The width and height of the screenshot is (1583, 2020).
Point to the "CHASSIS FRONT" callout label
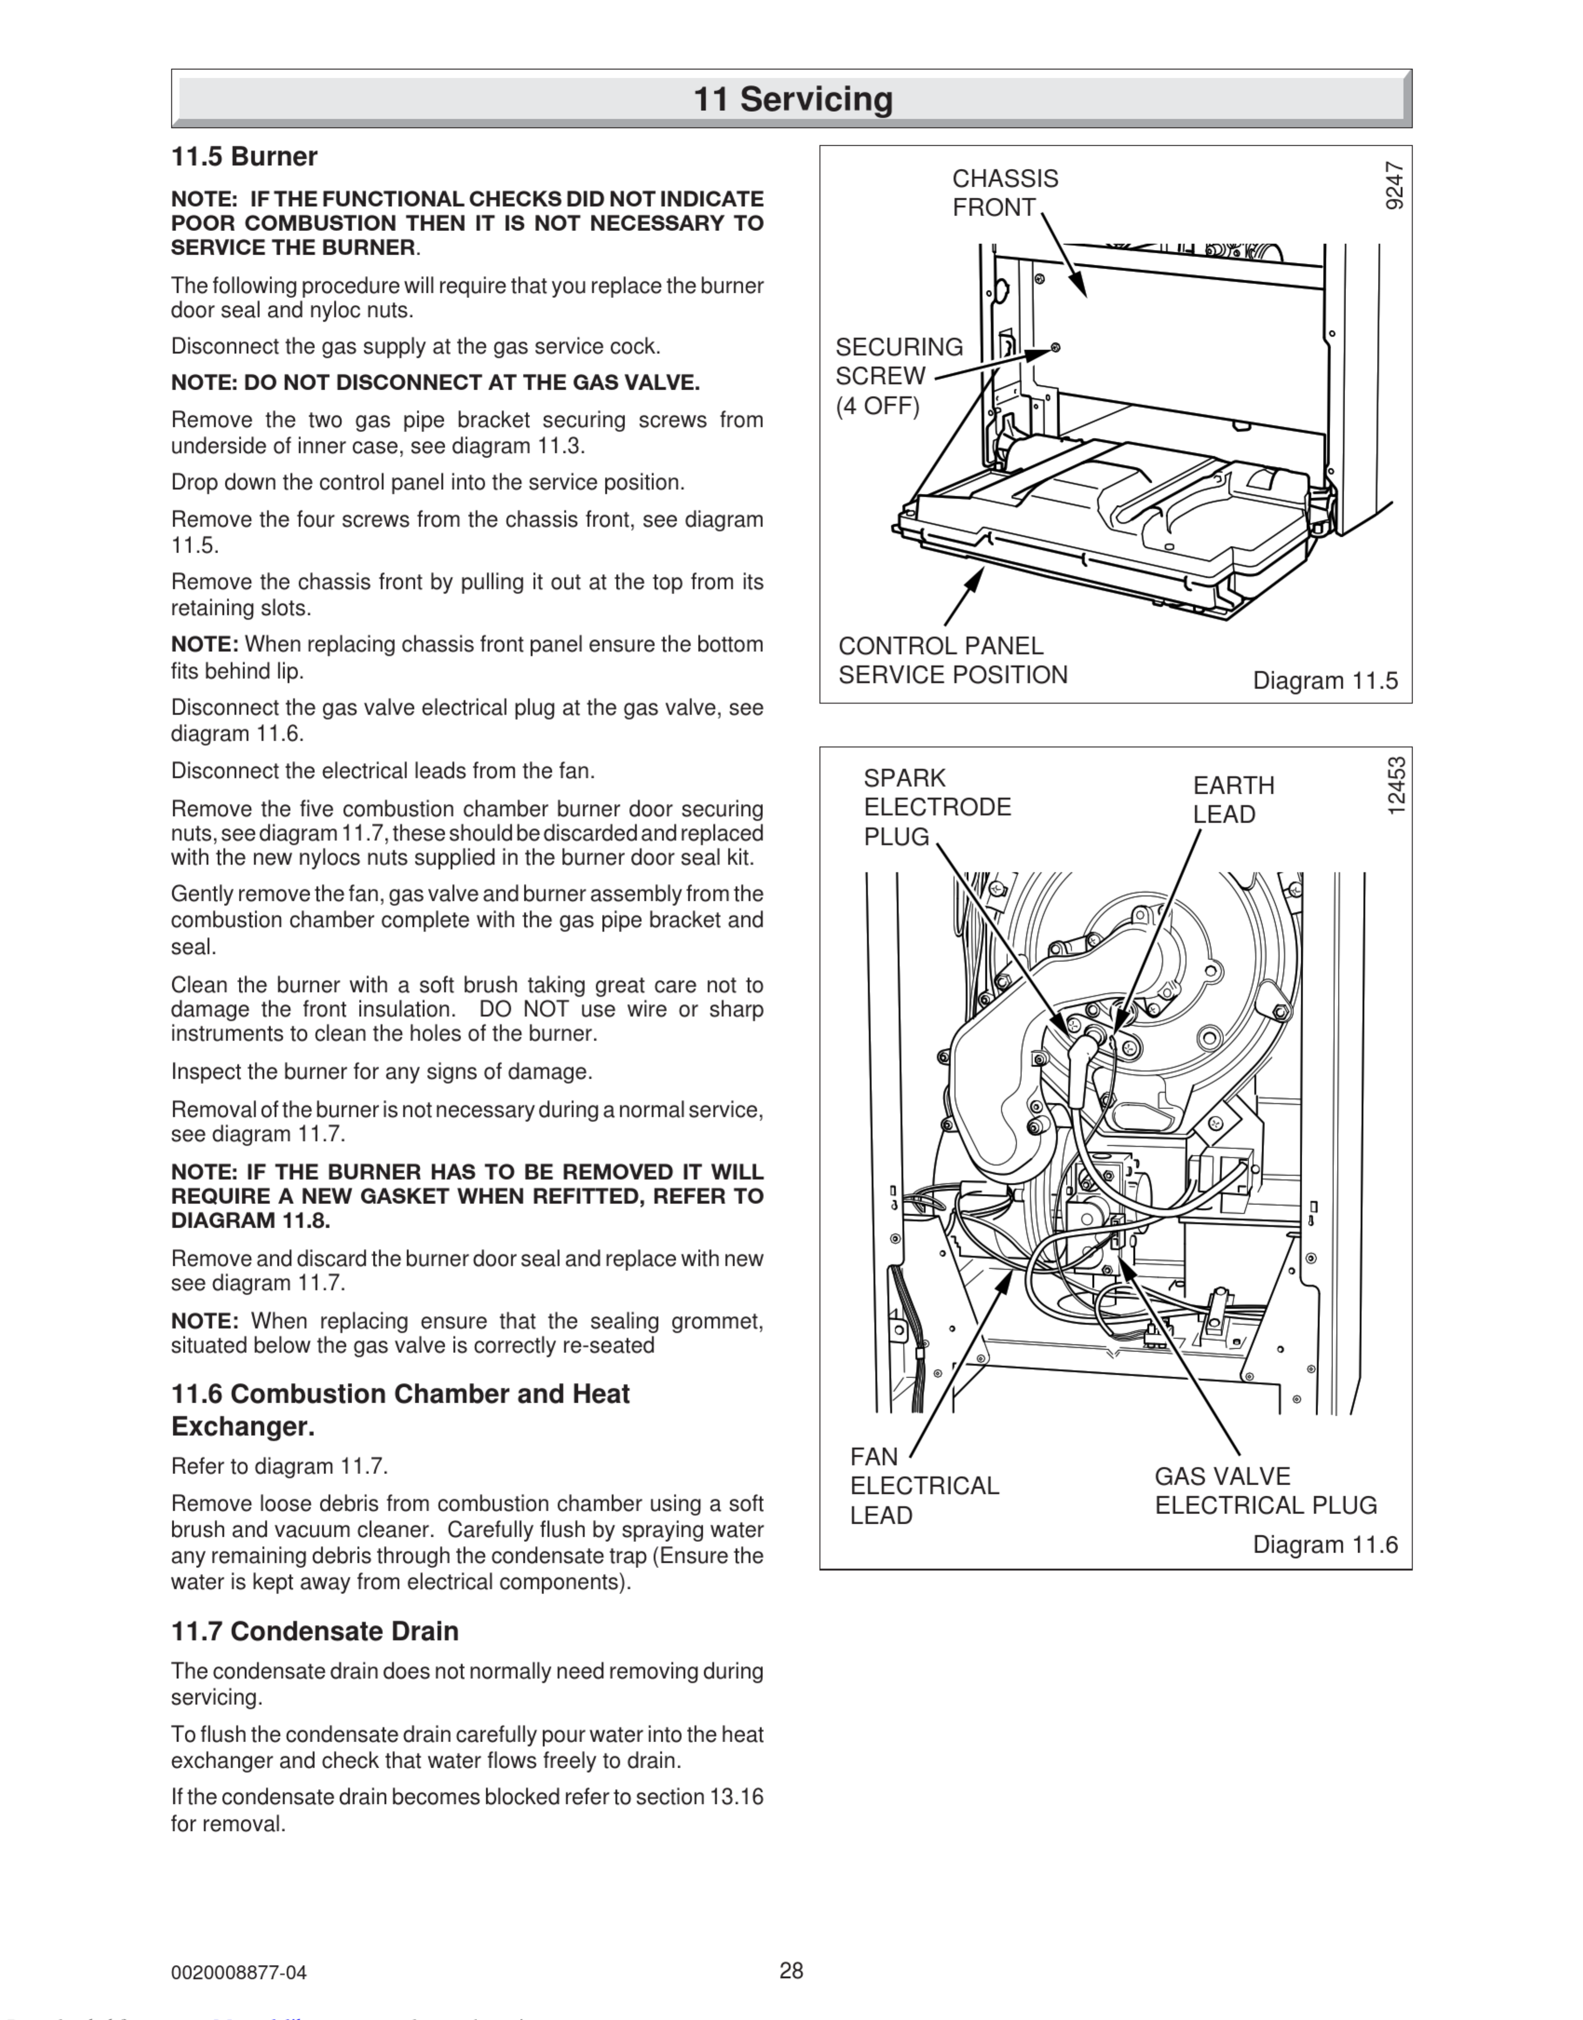[x=1005, y=193]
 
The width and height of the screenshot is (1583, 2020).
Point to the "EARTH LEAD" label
[x=1233, y=800]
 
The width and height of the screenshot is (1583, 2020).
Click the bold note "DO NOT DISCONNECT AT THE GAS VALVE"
[x=436, y=383]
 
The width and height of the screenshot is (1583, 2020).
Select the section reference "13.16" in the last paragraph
[x=736, y=1797]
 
